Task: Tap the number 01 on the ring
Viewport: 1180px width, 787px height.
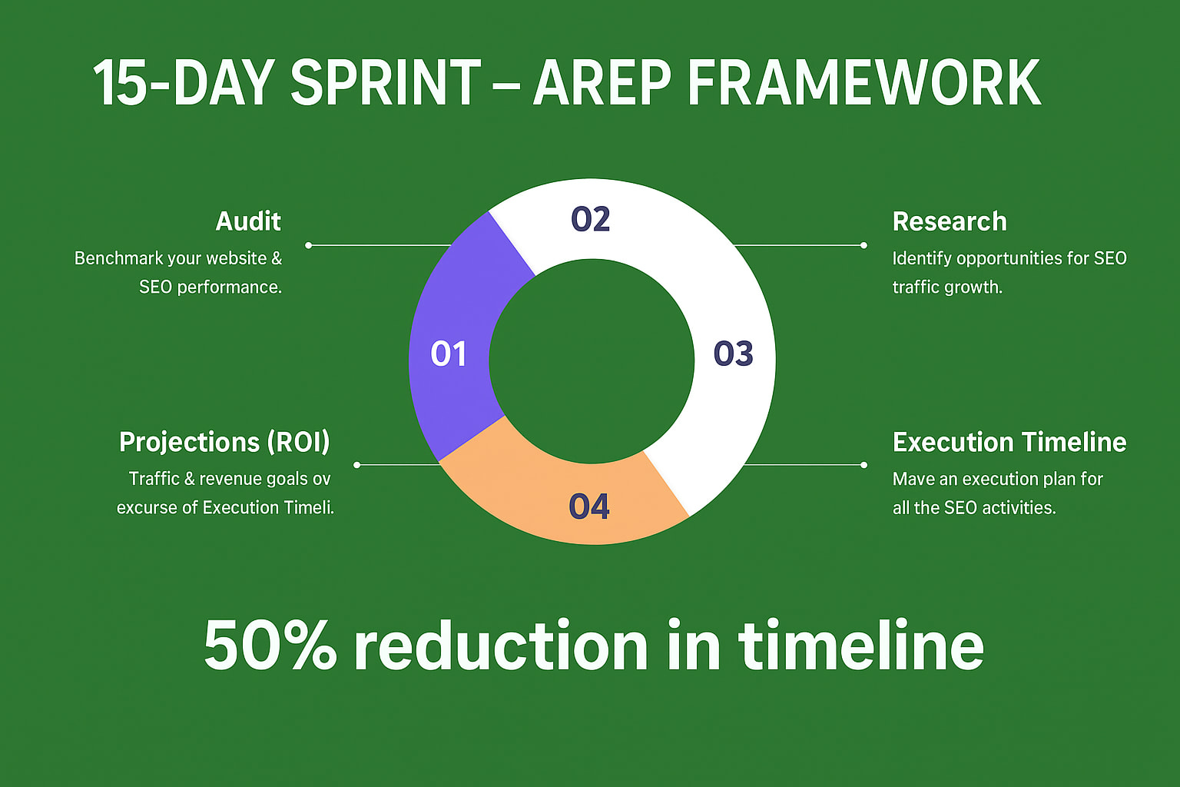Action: (x=449, y=354)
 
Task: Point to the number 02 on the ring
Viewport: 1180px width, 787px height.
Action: (x=591, y=219)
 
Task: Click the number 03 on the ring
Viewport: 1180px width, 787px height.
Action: (x=734, y=354)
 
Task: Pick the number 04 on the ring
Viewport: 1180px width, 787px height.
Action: (x=589, y=506)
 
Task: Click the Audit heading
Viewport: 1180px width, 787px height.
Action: (x=248, y=221)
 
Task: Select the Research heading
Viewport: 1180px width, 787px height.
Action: (x=950, y=221)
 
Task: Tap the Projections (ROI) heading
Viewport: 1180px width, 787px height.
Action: (x=224, y=442)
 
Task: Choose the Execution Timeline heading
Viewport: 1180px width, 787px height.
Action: (x=1009, y=442)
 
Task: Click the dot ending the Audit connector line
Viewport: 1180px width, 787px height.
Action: (x=309, y=245)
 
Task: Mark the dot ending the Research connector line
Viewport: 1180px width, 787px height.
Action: (x=863, y=245)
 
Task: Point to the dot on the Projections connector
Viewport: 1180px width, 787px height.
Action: (x=357, y=465)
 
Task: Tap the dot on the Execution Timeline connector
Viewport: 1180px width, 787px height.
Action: (x=863, y=465)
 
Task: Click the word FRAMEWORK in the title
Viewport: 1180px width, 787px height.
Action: (x=864, y=83)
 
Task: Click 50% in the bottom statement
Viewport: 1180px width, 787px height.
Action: (x=270, y=645)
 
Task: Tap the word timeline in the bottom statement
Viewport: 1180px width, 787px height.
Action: (x=860, y=643)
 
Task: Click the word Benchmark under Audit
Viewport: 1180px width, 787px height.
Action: (x=118, y=258)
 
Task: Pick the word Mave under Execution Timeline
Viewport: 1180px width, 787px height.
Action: (x=915, y=479)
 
